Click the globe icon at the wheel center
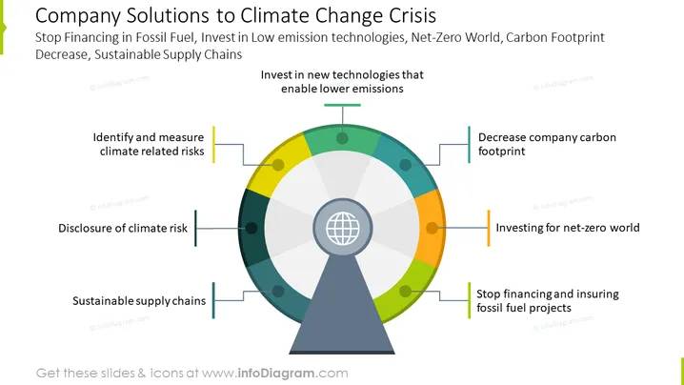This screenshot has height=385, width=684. coord(343,229)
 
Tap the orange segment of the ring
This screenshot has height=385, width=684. coord(430,228)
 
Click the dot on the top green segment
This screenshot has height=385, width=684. coord(342,138)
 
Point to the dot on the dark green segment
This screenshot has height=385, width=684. coord(251,228)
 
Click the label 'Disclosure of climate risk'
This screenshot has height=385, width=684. coord(123,229)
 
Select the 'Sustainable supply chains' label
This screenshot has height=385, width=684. coord(139,301)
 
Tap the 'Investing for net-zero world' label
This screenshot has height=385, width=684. coord(568,228)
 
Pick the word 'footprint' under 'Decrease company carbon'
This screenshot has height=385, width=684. coord(502,152)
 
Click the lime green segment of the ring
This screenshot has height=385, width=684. coord(407,290)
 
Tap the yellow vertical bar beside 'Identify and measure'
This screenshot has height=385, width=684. coord(213,145)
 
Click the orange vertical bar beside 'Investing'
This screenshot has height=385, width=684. coord(489,228)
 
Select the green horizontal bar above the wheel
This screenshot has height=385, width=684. coord(342,105)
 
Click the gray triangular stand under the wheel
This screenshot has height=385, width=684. coord(342,306)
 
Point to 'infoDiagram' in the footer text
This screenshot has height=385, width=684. coord(276,374)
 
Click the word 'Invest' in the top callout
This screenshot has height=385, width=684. coord(276,75)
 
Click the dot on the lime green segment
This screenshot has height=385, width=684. coord(405,291)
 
